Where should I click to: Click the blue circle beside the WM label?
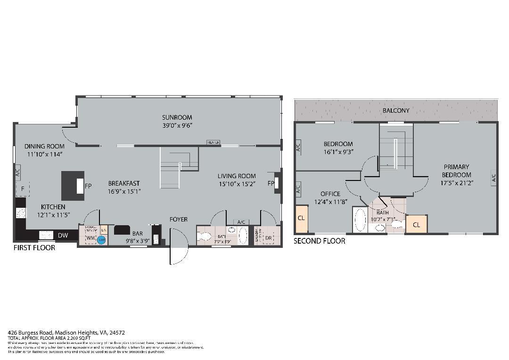[x=101, y=240]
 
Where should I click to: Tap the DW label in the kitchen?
[x=63, y=235]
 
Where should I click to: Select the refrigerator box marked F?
[x=22, y=189]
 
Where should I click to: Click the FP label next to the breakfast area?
[x=88, y=186]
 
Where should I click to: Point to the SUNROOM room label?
[x=177, y=117]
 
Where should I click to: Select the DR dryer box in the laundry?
[x=269, y=238]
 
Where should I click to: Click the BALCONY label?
[x=395, y=110]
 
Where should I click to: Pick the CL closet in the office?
[x=301, y=219]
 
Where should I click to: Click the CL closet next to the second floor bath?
[x=416, y=225]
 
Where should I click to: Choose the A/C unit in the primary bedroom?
[x=493, y=178]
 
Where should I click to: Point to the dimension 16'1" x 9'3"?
[x=338, y=152]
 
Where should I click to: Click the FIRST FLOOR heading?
[x=34, y=248]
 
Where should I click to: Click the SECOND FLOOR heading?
[x=319, y=241]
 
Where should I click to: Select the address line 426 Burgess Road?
[x=66, y=332]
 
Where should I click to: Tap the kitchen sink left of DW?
[x=46, y=235]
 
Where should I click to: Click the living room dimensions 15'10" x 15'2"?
[x=237, y=184]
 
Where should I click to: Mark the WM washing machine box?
[x=90, y=238]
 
